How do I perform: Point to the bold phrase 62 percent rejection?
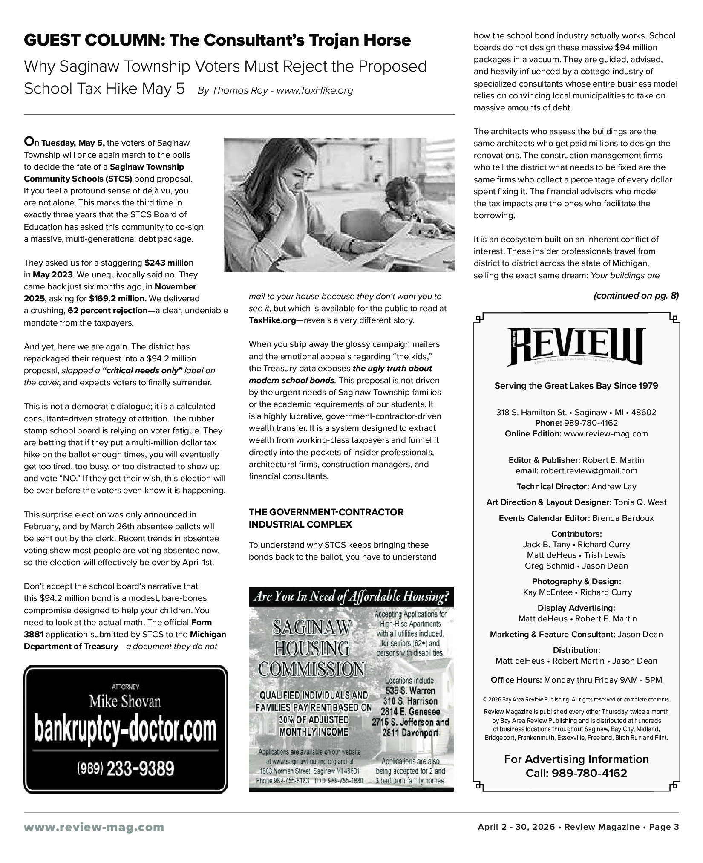point(107,311)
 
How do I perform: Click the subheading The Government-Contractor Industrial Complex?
point(326,518)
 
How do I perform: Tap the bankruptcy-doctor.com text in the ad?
point(125,730)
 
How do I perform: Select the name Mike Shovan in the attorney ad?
point(125,701)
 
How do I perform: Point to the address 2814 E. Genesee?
point(410,711)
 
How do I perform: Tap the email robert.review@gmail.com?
point(589,471)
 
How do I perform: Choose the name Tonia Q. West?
point(640,502)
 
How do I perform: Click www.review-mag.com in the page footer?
point(94,827)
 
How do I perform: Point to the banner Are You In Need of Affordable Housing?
point(351,597)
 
